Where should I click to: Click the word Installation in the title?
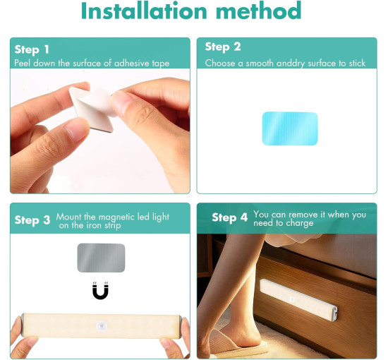(x=144, y=11)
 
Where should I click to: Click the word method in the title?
(x=259, y=11)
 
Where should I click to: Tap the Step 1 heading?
(x=32, y=49)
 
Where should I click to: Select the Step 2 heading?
(x=223, y=47)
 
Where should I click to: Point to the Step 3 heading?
(x=32, y=220)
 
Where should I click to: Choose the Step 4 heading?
(x=230, y=217)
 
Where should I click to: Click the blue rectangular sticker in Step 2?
(x=290, y=128)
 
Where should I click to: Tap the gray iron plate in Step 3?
(x=101, y=258)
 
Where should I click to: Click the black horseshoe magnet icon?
(x=100, y=291)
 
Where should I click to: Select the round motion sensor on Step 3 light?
(x=101, y=325)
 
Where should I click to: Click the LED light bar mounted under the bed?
(x=298, y=300)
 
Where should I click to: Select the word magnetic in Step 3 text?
(x=116, y=217)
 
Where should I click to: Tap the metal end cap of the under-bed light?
(x=334, y=313)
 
